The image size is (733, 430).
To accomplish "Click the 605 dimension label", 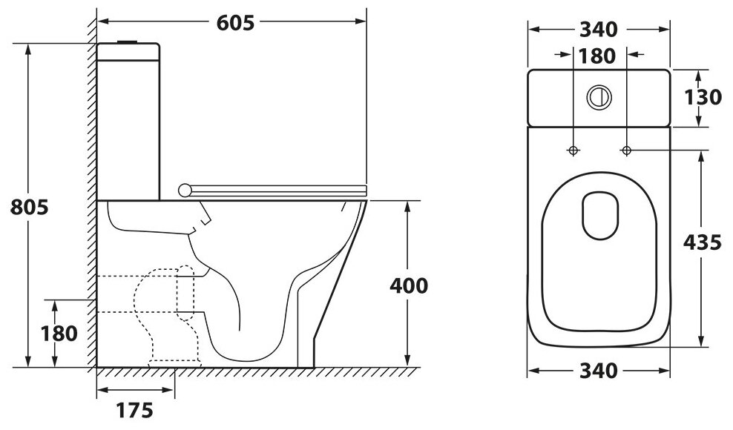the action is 236,22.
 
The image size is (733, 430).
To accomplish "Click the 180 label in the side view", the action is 57,333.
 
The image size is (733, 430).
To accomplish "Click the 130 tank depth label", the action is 702,97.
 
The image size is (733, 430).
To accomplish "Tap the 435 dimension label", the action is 702,243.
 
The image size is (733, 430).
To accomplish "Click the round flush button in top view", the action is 598,96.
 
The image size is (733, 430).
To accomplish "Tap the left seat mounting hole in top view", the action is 573,150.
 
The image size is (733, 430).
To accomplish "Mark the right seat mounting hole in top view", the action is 626,150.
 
